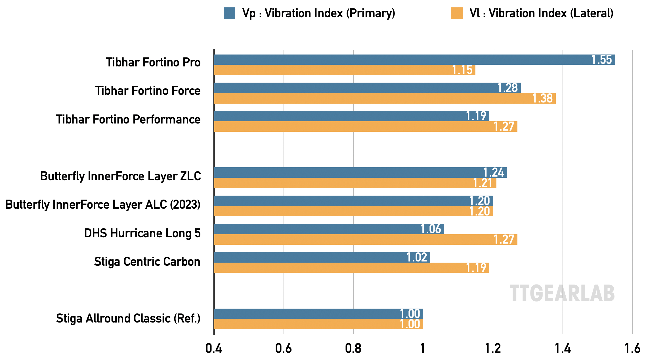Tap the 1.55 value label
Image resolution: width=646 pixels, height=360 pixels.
coord(601,60)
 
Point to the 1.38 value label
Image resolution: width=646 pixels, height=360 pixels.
coord(542,98)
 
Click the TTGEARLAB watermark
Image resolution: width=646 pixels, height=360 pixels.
coord(562,293)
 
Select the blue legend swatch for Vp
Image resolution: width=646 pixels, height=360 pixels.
coord(229,13)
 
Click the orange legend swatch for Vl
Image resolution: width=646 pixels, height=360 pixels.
coord(456,13)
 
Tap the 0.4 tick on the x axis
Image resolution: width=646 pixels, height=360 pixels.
coord(214,348)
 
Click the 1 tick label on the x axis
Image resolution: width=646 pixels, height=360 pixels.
coord(423,348)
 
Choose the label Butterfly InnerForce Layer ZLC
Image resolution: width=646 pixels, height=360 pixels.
coord(120,176)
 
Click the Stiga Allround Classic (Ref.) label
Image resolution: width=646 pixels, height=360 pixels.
coord(128,318)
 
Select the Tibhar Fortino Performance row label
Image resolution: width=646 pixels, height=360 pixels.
coord(128,119)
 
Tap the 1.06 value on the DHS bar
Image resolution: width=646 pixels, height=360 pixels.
coord(431,229)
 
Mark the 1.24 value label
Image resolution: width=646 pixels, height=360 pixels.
coord(494,172)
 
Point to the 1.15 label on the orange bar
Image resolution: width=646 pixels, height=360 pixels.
coord(462,70)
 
